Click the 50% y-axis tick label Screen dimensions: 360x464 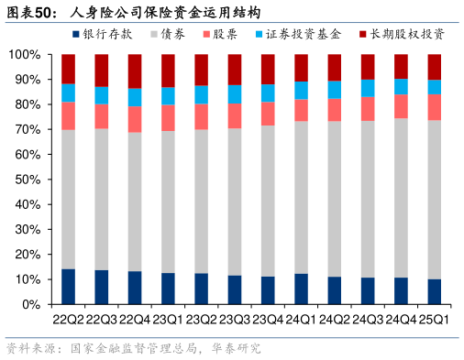[25, 180]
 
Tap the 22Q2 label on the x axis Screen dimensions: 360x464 [69, 319]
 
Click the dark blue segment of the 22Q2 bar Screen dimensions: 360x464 [69, 287]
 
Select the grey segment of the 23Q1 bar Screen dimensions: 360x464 [169, 202]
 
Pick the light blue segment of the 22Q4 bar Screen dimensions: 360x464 [135, 97]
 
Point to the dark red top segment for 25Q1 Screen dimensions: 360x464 [435, 67]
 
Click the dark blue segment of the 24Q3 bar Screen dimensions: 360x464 [368, 290]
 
